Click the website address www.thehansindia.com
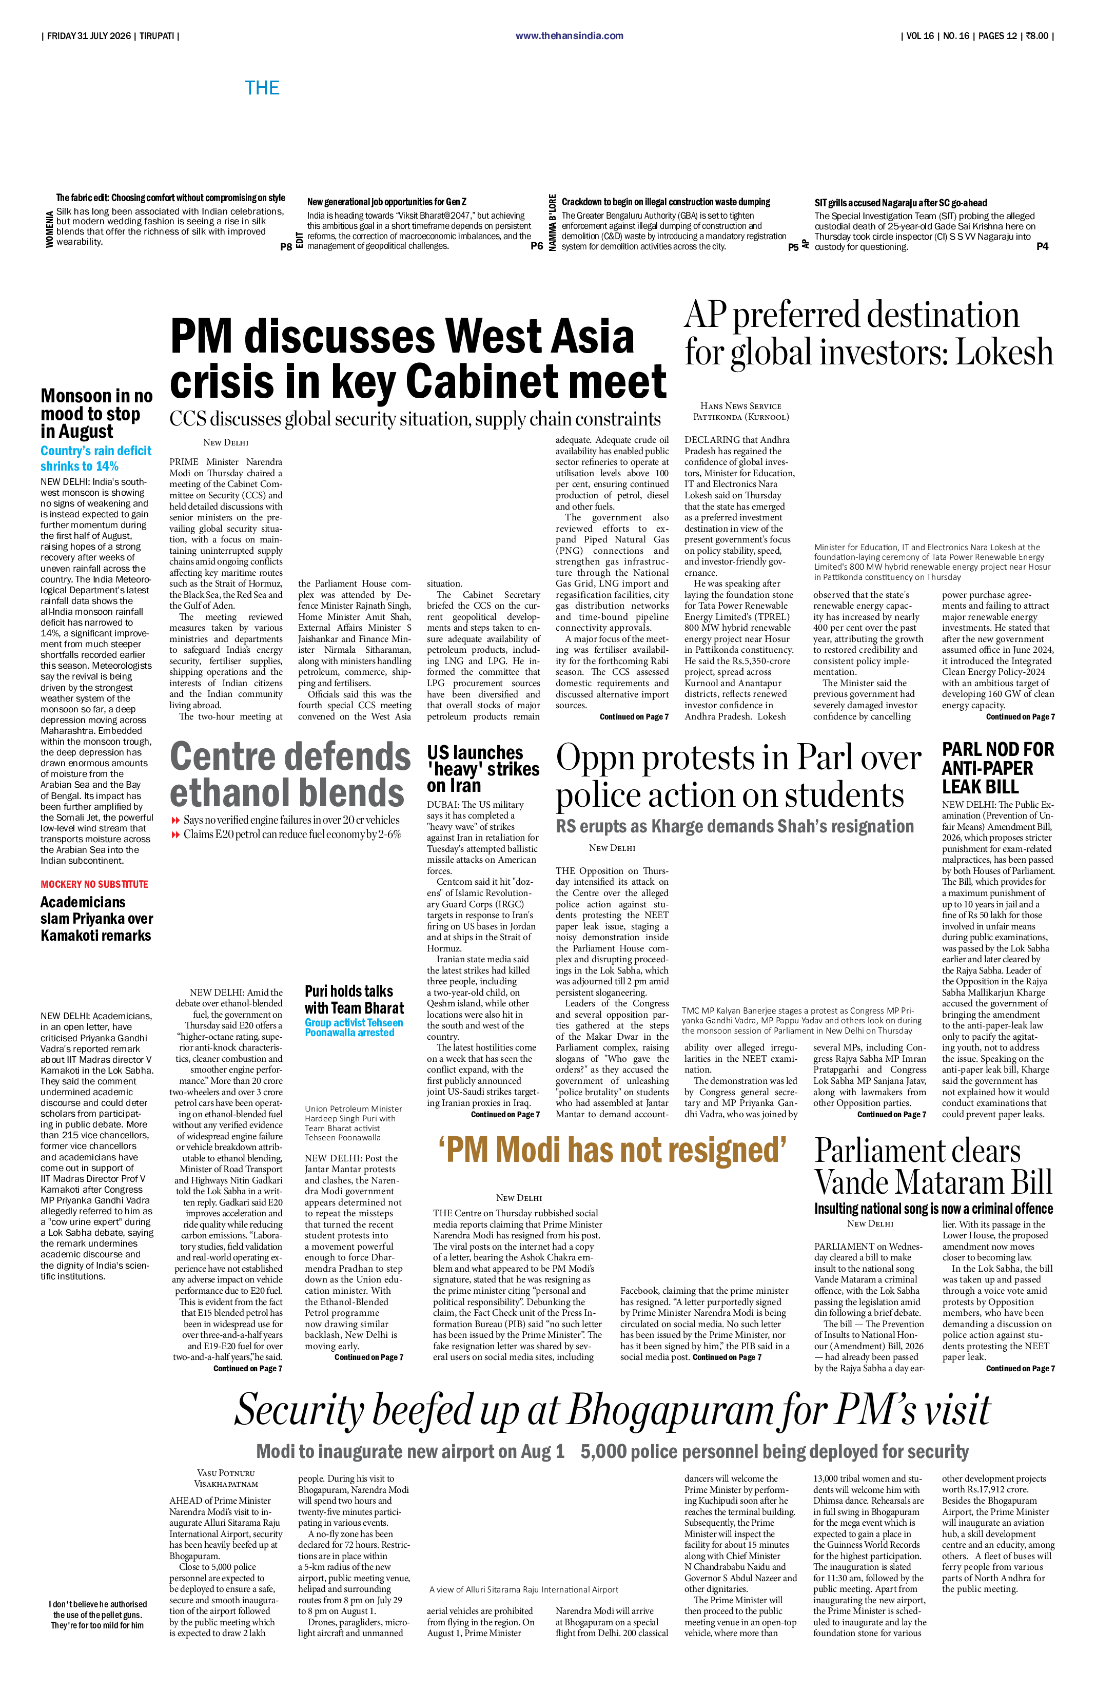pyautogui.click(x=569, y=35)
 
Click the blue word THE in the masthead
pyautogui.click(x=262, y=88)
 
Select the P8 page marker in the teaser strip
pyautogui.click(x=286, y=246)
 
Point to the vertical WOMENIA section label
pyautogui.click(x=49, y=229)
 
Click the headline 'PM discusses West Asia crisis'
pyautogui.click(x=418, y=359)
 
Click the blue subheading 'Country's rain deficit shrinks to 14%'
pyautogui.click(x=96, y=458)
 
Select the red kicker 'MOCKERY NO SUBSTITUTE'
pyautogui.click(x=94, y=884)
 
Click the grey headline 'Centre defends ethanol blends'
pyautogui.click(x=290, y=774)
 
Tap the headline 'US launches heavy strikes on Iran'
pyautogui.click(x=483, y=769)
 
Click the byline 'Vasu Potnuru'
pyautogui.click(x=226, y=1473)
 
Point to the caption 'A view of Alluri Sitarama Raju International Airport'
pyautogui.click(x=523, y=1589)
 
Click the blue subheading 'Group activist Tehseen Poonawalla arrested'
pyautogui.click(x=354, y=1027)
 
